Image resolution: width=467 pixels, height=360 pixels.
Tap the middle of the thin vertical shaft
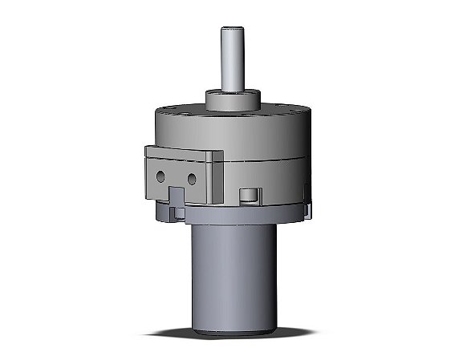[x=232, y=60]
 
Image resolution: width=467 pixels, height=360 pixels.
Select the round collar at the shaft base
[x=232, y=100]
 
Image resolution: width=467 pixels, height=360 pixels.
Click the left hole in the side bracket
[x=160, y=174]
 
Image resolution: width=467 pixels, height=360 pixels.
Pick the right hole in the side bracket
[x=193, y=177]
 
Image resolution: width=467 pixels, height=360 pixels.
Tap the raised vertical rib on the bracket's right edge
[x=215, y=172]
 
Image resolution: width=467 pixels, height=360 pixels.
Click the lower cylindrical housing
[x=233, y=273]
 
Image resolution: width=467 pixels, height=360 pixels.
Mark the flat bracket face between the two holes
[x=177, y=176]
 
